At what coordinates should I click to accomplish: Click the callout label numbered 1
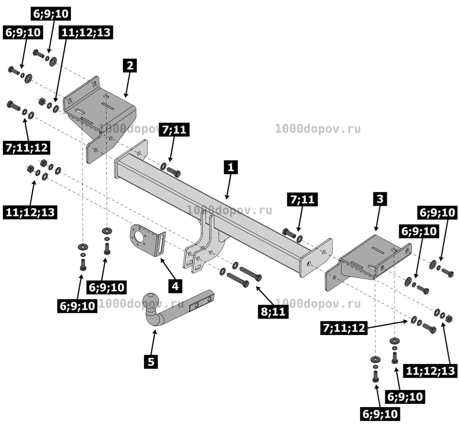tap(230, 167)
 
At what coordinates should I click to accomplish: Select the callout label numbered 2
tap(130, 65)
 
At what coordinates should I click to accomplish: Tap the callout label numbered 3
tap(380, 199)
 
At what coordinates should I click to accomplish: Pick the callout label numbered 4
tap(175, 286)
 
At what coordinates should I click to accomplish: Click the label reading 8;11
tap(273, 312)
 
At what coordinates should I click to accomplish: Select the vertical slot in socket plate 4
tap(161, 244)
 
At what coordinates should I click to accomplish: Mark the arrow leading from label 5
tap(153, 342)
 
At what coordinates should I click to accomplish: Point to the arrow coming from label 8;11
tap(265, 296)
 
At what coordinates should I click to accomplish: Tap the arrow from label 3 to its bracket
tap(378, 218)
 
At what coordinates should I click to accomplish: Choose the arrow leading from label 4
tap(168, 269)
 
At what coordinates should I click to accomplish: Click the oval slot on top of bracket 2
tap(80, 111)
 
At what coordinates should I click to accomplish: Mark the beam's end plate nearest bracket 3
tap(316, 258)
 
